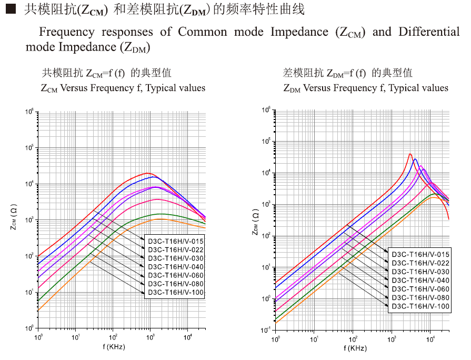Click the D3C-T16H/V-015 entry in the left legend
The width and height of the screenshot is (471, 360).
pyautogui.click(x=174, y=241)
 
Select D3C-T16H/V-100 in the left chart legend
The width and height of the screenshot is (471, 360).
pyautogui.click(x=174, y=292)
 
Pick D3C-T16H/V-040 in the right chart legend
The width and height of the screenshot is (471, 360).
pyautogui.click(x=420, y=281)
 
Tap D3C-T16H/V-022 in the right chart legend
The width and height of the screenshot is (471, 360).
pyautogui.click(x=420, y=263)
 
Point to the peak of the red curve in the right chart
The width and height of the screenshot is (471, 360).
pyautogui.click(x=410, y=154)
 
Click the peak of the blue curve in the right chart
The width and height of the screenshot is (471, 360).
pyautogui.click(x=415, y=159)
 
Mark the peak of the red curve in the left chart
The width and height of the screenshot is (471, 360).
pyautogui.click(x=148, y=173)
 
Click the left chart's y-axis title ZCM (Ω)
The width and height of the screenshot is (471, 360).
pyautogui.click(x=20, y=220)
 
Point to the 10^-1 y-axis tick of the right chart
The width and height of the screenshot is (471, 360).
pyautogui.click(x=266, y=330)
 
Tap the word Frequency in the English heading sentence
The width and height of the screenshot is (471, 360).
pyautogui.click(x=65, y=32)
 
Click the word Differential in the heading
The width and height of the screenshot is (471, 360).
pyautogui.click(x=429, y=32)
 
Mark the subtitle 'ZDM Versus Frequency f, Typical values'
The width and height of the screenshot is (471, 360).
pyautogui.click(x=366, y=88)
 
